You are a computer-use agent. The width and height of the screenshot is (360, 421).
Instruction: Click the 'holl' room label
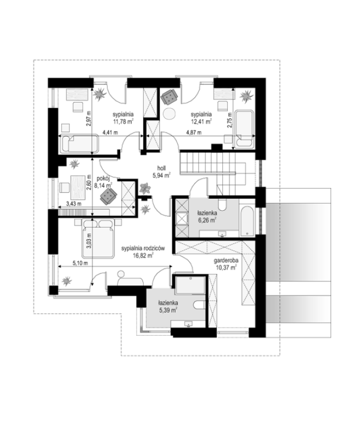[162, 168]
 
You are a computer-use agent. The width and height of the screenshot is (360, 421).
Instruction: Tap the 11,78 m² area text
[123, 122]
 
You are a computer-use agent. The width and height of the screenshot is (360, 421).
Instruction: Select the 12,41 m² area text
[201, 122]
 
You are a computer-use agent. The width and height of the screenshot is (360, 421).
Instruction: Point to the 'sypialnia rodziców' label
[143, 248]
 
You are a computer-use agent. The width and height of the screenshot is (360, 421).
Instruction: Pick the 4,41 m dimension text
[110, 133]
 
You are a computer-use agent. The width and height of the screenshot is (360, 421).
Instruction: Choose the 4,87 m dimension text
[194, 133]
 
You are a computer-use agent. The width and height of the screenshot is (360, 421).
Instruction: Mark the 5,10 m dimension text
[80, 263]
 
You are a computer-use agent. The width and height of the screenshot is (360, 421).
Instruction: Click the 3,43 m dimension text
[73, 204]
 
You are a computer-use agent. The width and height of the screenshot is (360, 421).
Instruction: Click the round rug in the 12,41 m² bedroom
[169, 114]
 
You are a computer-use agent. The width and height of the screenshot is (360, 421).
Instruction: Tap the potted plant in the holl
[145, 188]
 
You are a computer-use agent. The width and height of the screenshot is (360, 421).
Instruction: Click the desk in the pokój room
[78, 187]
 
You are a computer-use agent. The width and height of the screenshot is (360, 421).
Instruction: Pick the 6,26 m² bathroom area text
[207, 220]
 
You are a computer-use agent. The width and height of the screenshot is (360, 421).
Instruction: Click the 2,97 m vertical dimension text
[89, 118]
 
